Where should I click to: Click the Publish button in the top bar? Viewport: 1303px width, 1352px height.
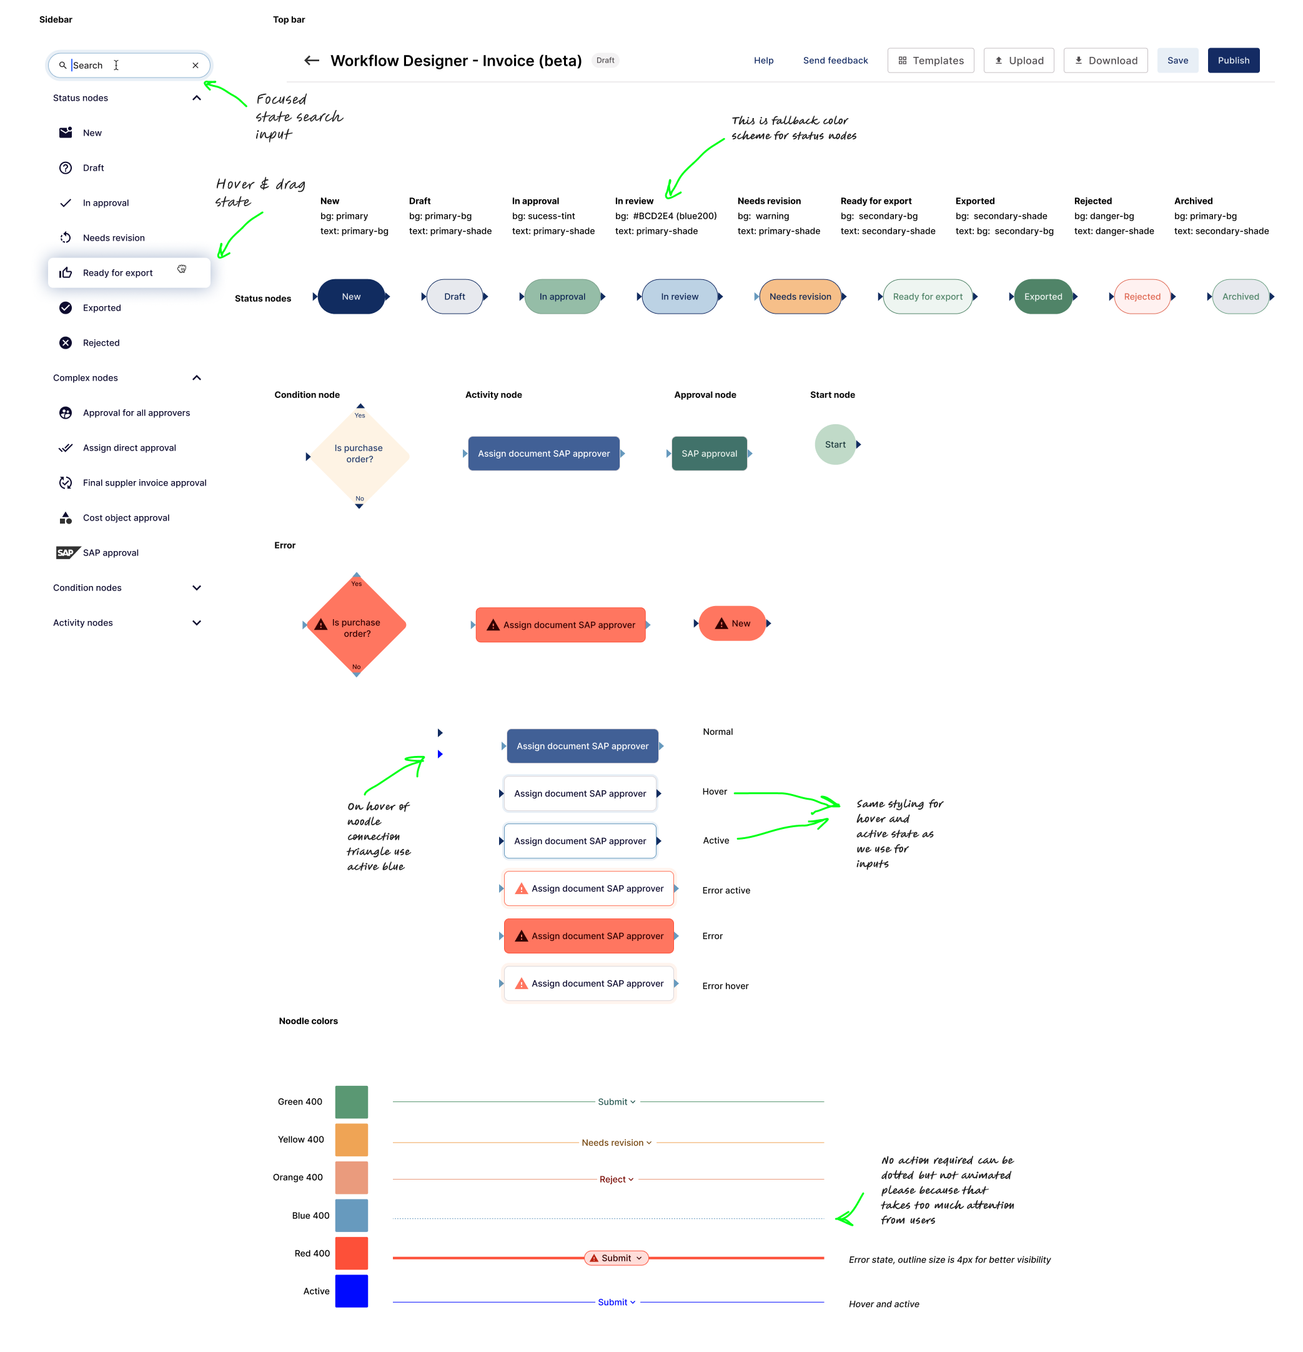pos(1232,61)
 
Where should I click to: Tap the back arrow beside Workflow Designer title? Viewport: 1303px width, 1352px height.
pos(312,61)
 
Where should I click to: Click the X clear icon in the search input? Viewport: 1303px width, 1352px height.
pos(196,66)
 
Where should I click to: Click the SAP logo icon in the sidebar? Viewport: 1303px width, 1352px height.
pos(66,552)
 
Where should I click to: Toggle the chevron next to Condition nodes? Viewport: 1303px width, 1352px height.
pos(197,588)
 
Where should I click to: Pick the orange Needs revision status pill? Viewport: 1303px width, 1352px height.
pos(800,297)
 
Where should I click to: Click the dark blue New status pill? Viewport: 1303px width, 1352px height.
pos(351,297)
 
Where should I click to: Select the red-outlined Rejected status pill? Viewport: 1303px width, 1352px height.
pos(1142,297)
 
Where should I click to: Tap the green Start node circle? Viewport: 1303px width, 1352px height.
pos(835,445)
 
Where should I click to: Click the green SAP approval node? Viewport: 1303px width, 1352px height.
pos(708,454)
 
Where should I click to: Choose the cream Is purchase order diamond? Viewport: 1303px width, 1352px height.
pos(359,455)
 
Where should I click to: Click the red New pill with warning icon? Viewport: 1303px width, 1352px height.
pos(732,624)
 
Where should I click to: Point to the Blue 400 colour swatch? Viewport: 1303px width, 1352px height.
pos(351,1215)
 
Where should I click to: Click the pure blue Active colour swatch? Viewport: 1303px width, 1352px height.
pos(351,1291)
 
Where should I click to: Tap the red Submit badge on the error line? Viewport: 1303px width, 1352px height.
pos(616,1258)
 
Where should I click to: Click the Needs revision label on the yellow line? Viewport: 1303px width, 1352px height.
pos(613,1143)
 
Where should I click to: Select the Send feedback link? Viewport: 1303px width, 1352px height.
pos(835,61)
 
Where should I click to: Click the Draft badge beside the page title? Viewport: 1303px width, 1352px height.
pos(605,61)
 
